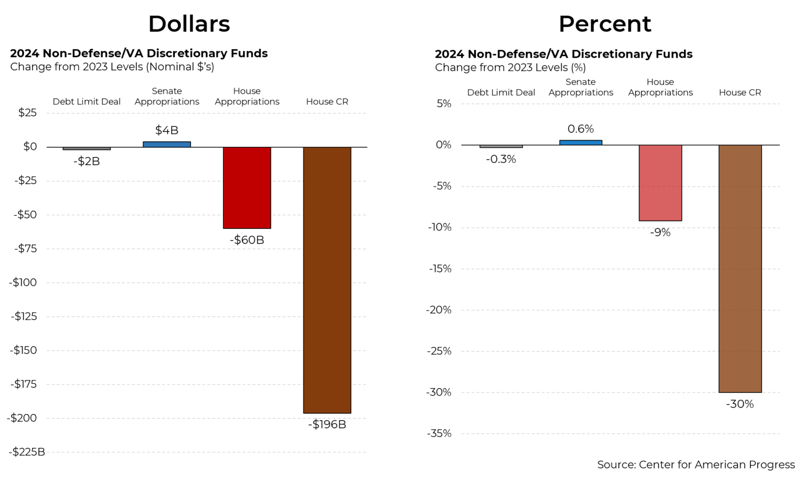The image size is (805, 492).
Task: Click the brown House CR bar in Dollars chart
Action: coord(327,280)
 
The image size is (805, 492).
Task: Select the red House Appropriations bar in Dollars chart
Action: coord(247,188)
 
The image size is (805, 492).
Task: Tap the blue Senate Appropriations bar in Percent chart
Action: coord(581,142)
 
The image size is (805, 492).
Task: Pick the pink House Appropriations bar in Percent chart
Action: coord(660,183)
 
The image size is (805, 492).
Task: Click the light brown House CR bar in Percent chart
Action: coord(740,268)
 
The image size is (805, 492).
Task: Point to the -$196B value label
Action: coord(327,424)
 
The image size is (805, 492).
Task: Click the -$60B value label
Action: coord(247,240)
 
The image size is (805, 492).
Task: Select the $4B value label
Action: coord(167,130)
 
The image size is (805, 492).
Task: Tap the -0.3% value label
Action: coord(501,159)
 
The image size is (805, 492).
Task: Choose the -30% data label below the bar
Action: coord(740,404)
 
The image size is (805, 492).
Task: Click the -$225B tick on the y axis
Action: coord(27,452)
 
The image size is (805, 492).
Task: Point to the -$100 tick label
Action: coord(24,282)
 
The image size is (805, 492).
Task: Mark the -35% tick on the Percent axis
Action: coord(439,433)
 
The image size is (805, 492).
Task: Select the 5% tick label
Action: coord(444,104)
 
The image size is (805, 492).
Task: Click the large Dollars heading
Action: coord(189,24)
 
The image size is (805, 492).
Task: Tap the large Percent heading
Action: coord(605,24)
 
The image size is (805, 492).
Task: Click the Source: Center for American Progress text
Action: coord(696,465)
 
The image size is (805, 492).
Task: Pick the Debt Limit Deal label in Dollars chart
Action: coord(86,102)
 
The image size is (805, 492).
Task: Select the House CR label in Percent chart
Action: coord(740,93)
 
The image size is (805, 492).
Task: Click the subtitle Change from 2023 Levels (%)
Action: coord(510,68)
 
